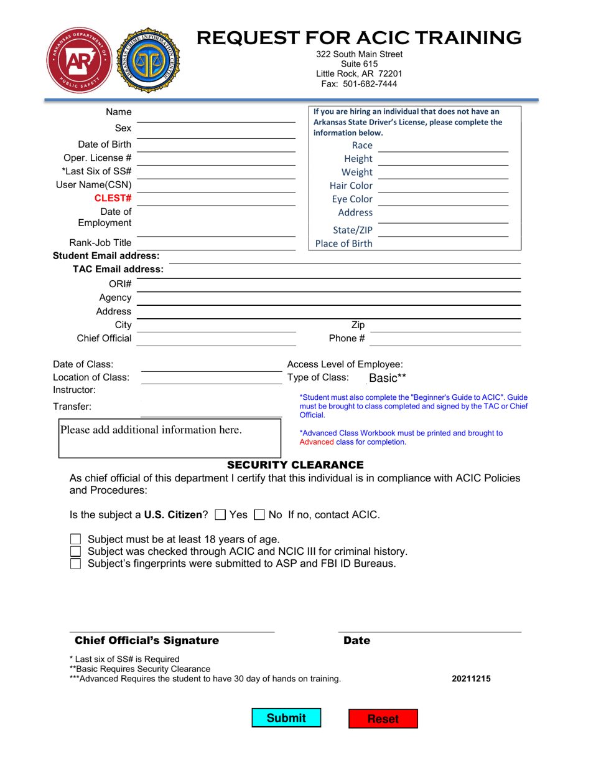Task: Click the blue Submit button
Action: tap(286, 718)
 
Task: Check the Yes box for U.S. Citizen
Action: tap(220, 515)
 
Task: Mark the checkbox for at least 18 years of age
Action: tap(75, 539)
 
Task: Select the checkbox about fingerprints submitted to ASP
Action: tap(75, 564)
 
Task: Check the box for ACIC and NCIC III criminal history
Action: tap(75, 551)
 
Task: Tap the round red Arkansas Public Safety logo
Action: tap(77, 60)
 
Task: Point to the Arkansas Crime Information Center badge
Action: tap(147, 60)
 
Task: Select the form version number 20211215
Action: tap(471, 679)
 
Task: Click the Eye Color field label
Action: tap(352, 199)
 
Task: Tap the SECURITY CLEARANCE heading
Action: tap(295, 465)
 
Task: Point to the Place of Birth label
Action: tap(344, 244)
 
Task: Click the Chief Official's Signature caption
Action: tap(147, 641)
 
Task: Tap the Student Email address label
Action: tap(106, 256)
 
